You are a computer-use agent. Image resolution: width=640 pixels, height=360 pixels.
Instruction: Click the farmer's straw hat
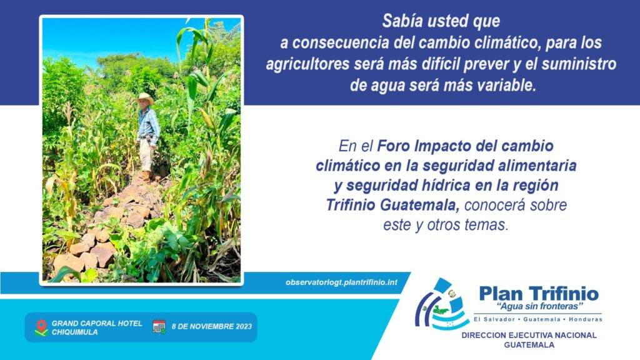[x=145, y=98]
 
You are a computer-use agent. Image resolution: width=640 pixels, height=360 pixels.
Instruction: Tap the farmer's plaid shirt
[x=147, y=122]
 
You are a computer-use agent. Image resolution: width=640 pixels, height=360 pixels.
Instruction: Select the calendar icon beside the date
[x=159, y=326]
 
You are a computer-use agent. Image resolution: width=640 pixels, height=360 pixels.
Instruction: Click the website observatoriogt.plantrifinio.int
[x=341, y=282]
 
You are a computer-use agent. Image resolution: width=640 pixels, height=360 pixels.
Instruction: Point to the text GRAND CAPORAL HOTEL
[x=97, y=323]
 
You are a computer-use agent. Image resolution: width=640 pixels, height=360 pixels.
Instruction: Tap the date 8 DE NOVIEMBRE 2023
[x=212, y=326]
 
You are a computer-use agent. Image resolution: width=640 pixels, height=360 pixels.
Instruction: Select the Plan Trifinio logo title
[x=539, y=294]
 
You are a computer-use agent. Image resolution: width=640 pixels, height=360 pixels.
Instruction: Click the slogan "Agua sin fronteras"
[x=539, y=306]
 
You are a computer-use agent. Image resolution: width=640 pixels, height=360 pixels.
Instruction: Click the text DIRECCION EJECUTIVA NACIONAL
[x=529, y=335]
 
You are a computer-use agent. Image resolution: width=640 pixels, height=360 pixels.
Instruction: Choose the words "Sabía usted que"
[x=441, y=21]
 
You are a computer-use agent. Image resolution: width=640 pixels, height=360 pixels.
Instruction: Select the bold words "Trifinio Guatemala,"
[x=392, y=205]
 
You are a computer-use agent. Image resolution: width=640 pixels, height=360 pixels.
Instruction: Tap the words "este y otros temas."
[x=446, y=224]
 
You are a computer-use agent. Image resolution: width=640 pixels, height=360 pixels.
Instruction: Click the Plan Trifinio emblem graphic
[x=442, y=304]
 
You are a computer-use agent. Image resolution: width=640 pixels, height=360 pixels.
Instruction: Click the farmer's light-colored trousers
[x=146, y=156]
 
